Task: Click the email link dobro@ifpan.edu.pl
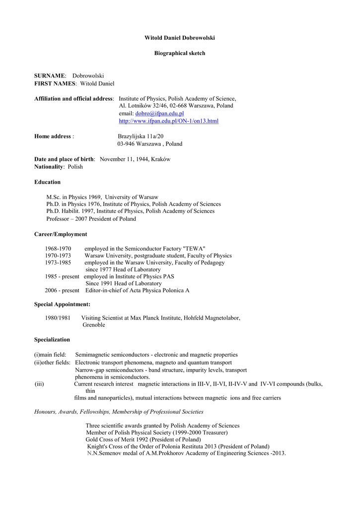click(x=159, y=114)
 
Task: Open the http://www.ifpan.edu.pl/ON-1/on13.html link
click(x=168, y=121)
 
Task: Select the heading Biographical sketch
click(x=179, y=53)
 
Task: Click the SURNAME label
click(x=50, y=76)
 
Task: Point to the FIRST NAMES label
click(x=55, y=83)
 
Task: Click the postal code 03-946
click(x=126, y=144)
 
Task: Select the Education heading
click(x=47, y=182)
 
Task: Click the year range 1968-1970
click(x=58, y=249)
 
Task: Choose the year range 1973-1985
click(x=58, y=262)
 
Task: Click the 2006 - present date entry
click(x=62, y=290)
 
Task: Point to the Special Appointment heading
click(x=62, y=304)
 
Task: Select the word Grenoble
click(x=94, y=325)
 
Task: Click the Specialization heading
click(x=52, y=340)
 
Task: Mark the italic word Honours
click(x=45, y=412)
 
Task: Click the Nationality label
click(x=49, y=167)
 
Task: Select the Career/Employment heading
click(x=61, y=234)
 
